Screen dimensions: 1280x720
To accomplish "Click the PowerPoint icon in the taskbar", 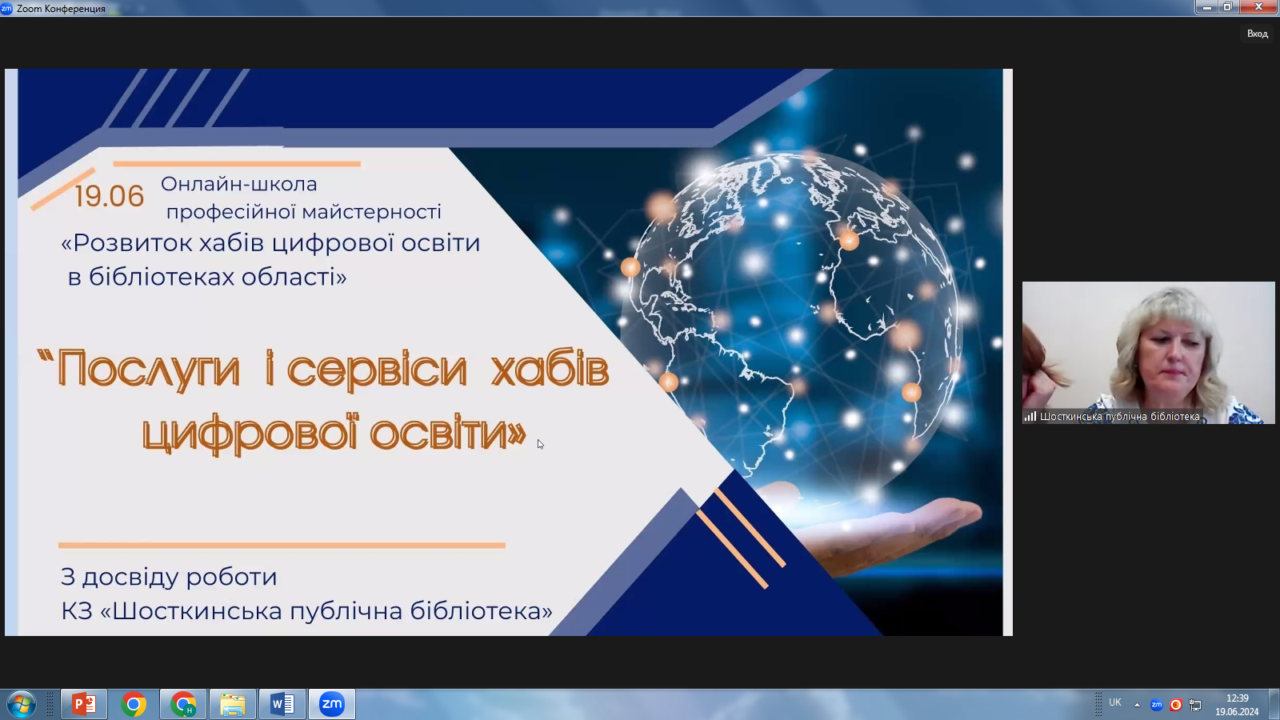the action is [84, 704].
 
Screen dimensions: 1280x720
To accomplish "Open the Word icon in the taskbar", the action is [282, 704].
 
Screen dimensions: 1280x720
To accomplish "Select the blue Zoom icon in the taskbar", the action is [331, 704].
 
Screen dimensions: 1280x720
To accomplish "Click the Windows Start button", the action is [21, 704].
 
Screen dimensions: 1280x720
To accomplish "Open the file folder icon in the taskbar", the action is [233, 704].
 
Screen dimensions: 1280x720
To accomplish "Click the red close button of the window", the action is [1258, 7].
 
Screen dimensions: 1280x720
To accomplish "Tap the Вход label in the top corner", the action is [1257, 34].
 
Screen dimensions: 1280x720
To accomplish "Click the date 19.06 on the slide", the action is [109, 196].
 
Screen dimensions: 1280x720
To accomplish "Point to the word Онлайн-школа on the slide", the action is [239, 184].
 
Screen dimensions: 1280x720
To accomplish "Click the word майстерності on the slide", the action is [371, 212].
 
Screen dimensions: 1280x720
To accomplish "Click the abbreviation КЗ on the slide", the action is [77, 611].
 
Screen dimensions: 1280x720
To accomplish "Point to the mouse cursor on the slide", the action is [541, 444].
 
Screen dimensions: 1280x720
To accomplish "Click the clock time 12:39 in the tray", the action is [1237, 698].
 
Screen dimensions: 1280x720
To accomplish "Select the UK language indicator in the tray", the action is [1115, 702].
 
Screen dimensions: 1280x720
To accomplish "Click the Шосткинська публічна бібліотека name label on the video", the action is [1119, 417].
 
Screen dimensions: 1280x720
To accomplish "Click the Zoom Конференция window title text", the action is [61, 9].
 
